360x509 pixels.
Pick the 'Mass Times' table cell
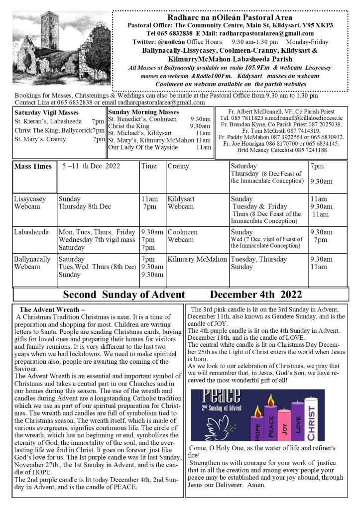[x=33, y=166]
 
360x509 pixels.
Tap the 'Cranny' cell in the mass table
[x=178, y=166]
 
